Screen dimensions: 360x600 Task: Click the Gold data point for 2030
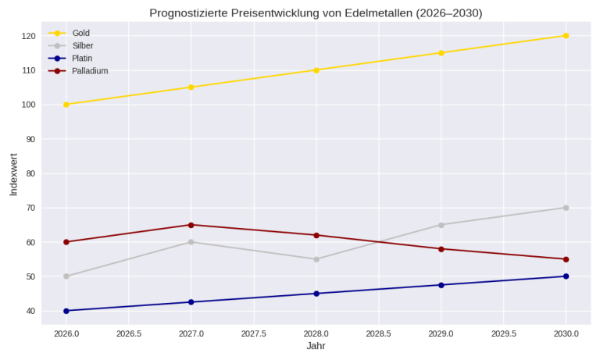(566, 36)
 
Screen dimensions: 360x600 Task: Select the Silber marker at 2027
(191, 242)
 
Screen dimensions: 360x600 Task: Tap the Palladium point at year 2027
(191, 225)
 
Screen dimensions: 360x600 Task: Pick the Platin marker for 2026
(66, 311)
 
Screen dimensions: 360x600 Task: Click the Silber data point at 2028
(316, 259)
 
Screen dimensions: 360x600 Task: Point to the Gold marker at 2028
(316, 70)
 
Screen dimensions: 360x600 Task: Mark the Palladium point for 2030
(566, 259)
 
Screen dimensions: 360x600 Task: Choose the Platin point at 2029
(441, 285)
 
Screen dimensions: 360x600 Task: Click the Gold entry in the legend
(80, 33)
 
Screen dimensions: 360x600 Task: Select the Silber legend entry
(82, 45)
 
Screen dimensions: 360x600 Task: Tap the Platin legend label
(82, 58)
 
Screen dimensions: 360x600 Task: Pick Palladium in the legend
(90, 70)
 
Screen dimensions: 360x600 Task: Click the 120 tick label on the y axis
(29, 36)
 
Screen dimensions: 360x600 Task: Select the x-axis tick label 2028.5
(379, 333)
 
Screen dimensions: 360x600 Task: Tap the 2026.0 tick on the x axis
(66, 333)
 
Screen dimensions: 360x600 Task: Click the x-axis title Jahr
(316, 346)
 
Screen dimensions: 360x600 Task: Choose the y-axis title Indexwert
(13, 174)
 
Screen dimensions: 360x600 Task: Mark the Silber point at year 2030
(566, 208)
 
